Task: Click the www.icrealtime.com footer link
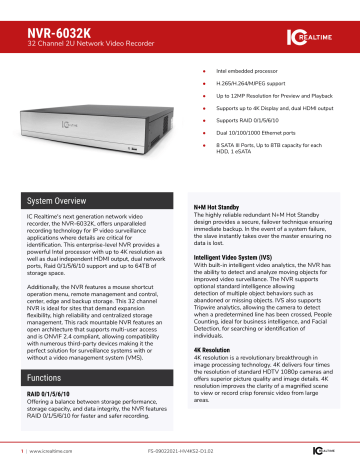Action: [38, 454]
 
